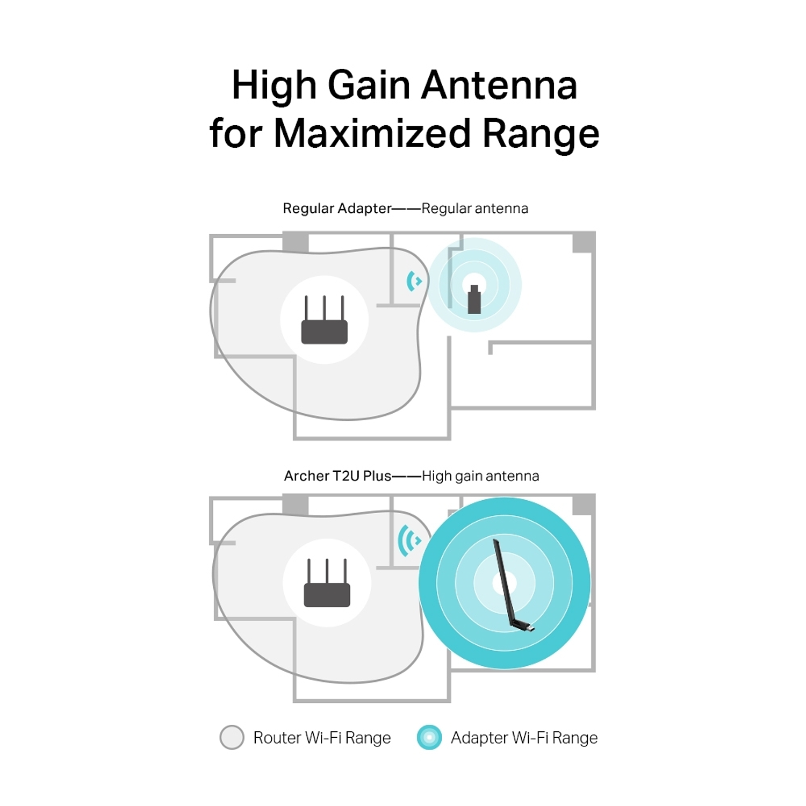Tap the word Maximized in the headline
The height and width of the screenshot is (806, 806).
372,133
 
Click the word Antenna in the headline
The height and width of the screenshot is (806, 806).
499,86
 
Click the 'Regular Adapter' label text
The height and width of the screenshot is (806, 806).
337,208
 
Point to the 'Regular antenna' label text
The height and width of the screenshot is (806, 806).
475,208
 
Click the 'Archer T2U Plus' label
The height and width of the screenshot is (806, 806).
337,476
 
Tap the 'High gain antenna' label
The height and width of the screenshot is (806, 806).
480,476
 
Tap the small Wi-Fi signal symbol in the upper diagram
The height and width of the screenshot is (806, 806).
414,281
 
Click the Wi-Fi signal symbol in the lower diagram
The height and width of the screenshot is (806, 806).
409,541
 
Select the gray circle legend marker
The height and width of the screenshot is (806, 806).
232,737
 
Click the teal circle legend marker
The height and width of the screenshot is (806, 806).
429,737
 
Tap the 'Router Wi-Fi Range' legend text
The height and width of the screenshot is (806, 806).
322,738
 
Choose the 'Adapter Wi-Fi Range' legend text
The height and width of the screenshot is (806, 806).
524,738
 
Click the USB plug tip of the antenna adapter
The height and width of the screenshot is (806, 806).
531,628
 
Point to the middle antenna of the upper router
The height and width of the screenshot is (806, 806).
324,307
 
